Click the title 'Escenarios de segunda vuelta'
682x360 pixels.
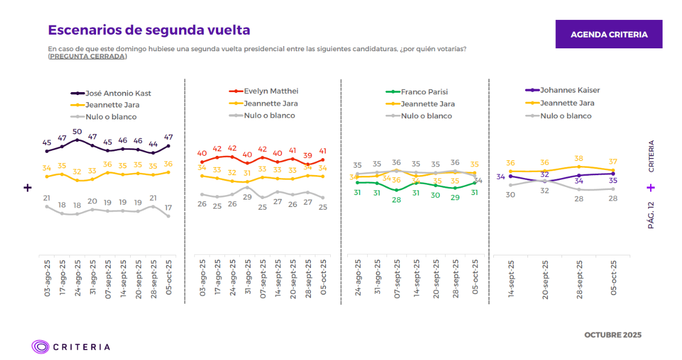click(149, 30)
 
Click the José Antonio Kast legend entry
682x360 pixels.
click(118, 93)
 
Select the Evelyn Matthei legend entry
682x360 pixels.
click(271, 91)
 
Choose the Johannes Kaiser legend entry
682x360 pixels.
click(569, 90)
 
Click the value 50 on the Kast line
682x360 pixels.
click(77, 132)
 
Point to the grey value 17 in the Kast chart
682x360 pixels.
click(168, 208)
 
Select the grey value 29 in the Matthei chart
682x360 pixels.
click(247, 197)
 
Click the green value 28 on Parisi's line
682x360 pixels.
click(396, 200)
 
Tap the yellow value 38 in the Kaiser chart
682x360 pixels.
click(579, 159)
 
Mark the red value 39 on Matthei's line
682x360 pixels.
click(307, 155)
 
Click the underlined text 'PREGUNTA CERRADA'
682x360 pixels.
click(88, 56)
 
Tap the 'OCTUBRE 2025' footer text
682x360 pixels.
click(613, 335)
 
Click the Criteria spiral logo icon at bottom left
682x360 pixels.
click(40, 346)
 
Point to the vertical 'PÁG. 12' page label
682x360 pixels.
click(651, 215)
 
